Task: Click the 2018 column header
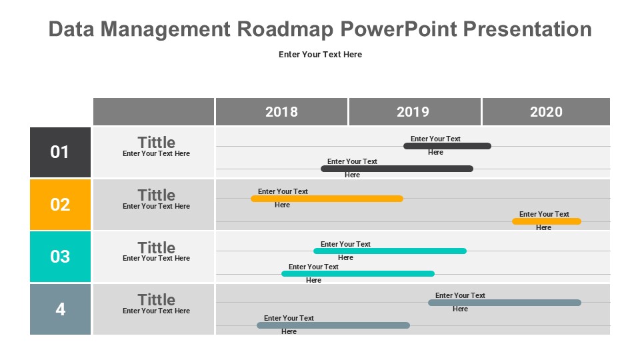coord(281,111)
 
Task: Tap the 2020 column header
coord(546,111)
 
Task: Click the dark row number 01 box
coord(61,152)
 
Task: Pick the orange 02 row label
coord(61,205)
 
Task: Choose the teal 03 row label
coord(61,257)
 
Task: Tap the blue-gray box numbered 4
coord(61,309)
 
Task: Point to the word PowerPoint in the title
coord(399,29)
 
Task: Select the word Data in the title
coord(71,29)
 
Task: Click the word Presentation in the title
coord(527,29)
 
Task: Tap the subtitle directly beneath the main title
coord(321,54)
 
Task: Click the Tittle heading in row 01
coord(156,143)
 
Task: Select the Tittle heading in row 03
coord(156,248)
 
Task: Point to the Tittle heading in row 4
coord(156,299)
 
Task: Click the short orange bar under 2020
coord(547,221)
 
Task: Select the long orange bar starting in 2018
coord(327,199)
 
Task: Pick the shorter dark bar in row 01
coord(447,146)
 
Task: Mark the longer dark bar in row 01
coord(397,169)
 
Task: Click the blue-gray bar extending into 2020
coord(505,303)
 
